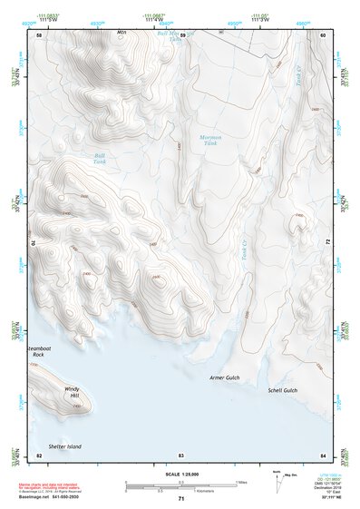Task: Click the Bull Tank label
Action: pos(101,158)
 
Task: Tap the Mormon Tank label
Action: pos(210,141)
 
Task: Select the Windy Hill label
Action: pos(72,393)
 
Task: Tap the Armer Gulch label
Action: pos(224,377)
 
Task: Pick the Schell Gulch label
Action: pos(282,390)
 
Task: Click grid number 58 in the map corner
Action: pos(38,34)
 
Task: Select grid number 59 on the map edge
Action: pos(181,34)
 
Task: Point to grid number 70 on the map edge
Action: pos(36,243)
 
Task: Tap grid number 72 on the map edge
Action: pos(326,243)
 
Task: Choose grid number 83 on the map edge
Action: pos(181,454)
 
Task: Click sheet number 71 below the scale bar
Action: pos(181,499)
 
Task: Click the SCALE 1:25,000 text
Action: pos(181,474)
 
